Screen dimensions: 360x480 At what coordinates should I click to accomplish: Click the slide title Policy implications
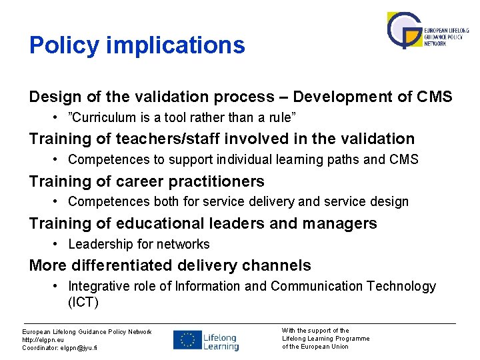click(x=137, y=45)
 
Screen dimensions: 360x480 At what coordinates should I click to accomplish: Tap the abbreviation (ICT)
click(x=83, y=302)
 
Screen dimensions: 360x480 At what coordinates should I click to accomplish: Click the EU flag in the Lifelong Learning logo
click(x=187, y=340)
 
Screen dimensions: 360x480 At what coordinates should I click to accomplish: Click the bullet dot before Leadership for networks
click(x=57, y=245)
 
